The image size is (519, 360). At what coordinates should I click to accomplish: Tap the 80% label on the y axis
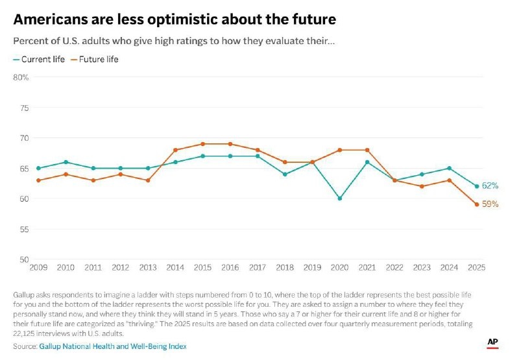(21, 77)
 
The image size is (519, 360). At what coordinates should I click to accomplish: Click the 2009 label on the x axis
(38, 267)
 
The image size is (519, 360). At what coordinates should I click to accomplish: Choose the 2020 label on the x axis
(339, 267)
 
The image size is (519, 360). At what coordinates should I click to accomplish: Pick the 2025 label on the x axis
(476, 267)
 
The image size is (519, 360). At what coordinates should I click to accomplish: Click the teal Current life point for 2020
(339, 198)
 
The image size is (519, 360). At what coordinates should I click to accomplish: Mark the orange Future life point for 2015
(202, 144)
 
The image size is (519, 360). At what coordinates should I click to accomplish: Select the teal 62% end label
(490, 186)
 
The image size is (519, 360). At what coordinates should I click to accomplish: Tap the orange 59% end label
(490, 204)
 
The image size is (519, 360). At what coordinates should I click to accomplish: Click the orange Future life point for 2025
(476, 204)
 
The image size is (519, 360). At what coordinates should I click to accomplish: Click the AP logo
(492, 342)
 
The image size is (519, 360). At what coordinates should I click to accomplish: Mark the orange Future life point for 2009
(38, 180)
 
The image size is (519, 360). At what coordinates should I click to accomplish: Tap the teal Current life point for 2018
(285, 174)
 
